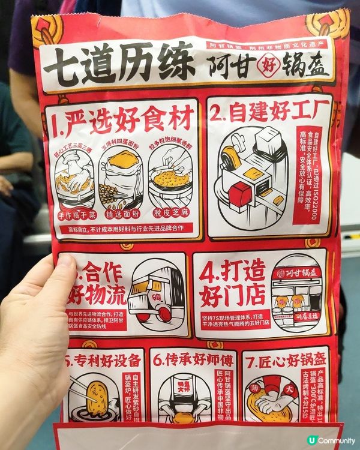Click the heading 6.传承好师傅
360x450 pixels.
[x=191, y=361]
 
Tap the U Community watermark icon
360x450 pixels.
[x=311, y=440]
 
